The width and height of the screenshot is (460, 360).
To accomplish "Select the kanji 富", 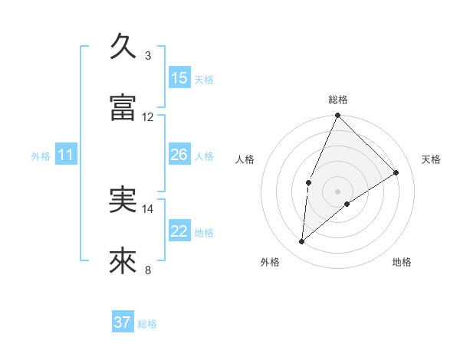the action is pos(123,108).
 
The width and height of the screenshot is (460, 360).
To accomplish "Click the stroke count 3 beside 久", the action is pos(148,55).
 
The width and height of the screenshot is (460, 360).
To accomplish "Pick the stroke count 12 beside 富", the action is pos(148,117).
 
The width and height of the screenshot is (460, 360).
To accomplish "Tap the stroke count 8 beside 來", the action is pos(148,270).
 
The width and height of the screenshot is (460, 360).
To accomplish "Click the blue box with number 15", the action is pos(179,77).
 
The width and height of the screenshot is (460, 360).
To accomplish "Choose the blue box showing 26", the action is pos(179,155).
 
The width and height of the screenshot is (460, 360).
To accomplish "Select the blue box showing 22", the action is pos(179,231).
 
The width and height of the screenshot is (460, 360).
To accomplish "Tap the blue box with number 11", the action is pos(66,155).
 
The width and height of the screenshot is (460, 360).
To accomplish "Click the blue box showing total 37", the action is pos(123,322).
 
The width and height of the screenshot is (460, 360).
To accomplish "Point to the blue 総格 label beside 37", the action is pos(147,324).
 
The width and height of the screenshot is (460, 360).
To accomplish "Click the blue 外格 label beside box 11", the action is pos(41,156).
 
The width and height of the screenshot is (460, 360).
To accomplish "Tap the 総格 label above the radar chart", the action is pos(338,100).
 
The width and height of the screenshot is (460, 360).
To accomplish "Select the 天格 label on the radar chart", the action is pos(432,159).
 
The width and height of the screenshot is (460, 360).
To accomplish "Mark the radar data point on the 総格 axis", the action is pos(337,116).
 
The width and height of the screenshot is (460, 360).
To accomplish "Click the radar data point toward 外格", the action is pos(302,242).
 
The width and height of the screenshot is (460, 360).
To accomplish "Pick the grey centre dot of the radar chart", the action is pos(337,191).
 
